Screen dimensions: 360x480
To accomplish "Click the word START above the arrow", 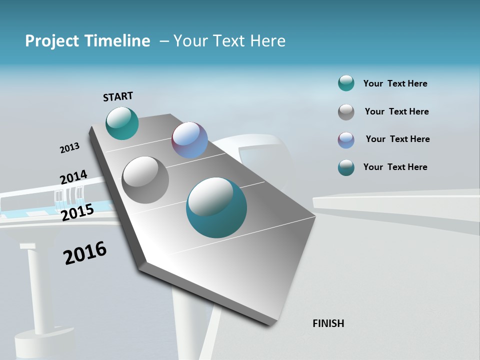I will (x=118, y=96).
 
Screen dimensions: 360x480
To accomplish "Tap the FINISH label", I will (x=328, y=323).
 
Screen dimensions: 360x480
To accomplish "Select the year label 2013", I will (x=69, y=148).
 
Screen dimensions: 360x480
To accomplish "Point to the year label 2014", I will (x=73, y=177).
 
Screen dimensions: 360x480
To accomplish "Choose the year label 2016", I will (x=85, y=253).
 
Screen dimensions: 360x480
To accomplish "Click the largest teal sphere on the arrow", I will (x=216, y=207).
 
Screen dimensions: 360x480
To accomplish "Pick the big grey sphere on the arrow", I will (x=145, y=179).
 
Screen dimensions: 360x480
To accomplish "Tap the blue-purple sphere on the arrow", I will (x=189, y=140).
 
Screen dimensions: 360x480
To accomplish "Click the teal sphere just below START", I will (x=122, y=123).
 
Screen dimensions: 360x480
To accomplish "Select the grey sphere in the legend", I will (x=346, y=112).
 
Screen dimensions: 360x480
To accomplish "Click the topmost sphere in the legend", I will (x=346, y=83).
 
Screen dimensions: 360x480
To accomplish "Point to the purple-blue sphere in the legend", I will (x=346, y=140).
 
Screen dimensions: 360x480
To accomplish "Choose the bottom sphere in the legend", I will (x=346, y=167).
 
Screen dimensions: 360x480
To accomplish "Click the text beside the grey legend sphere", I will (x=396, y=111).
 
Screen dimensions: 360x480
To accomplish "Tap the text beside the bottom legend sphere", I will (x=395, y=167).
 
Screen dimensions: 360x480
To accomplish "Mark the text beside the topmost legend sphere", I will (x=395, y=83).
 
